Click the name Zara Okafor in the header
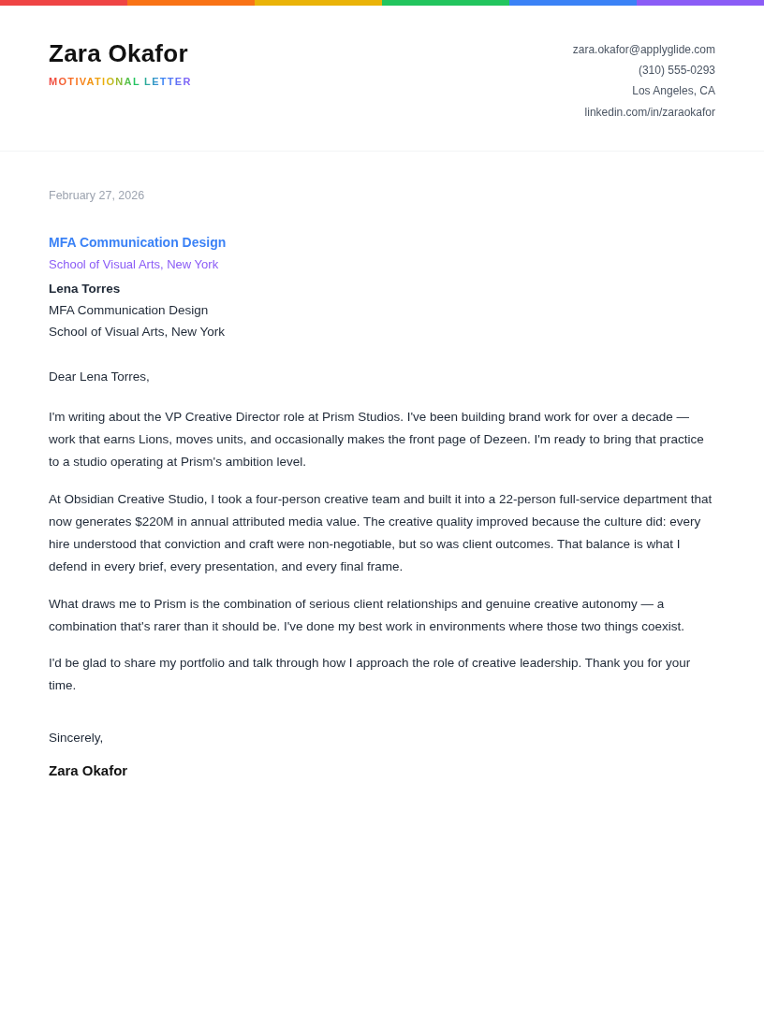(x=118, y=53)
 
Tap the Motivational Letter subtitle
(x=120, y=81)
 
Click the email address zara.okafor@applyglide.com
(x=643, y=50)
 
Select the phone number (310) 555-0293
(x=676, y=70)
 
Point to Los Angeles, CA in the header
(x=673, y=91)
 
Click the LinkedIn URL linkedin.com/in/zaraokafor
(x=650, y=112)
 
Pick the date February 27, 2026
(x=96, y=196)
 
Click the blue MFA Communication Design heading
(x=137, y=242)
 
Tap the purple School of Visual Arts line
(x=133, y=265)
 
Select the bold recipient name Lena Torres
(x=84, y=288)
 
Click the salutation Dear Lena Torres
(x=98, y=377)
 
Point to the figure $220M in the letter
(x=154, y=522)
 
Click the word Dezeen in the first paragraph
(x=506, y=440)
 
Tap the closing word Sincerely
(x=75, y=738)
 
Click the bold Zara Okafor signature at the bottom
(x=88, y=771)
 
